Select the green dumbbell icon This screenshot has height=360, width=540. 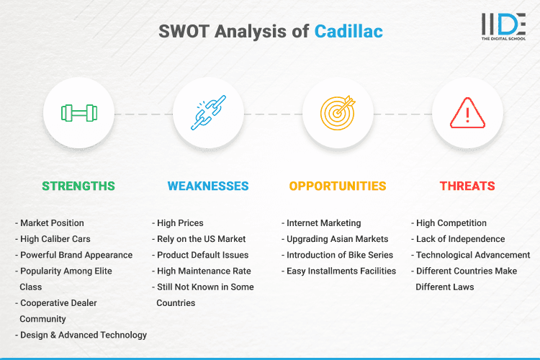78,113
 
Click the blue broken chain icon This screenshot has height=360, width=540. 208,113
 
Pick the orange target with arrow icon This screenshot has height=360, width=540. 338,113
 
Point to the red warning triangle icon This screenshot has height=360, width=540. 467,113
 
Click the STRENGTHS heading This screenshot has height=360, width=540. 78,186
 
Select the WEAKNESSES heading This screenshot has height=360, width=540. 208,186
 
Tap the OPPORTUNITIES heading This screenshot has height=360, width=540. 338,186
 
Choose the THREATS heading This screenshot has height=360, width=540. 467,186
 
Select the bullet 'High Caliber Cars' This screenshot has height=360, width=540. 55,239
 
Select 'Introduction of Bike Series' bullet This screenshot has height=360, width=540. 338,255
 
